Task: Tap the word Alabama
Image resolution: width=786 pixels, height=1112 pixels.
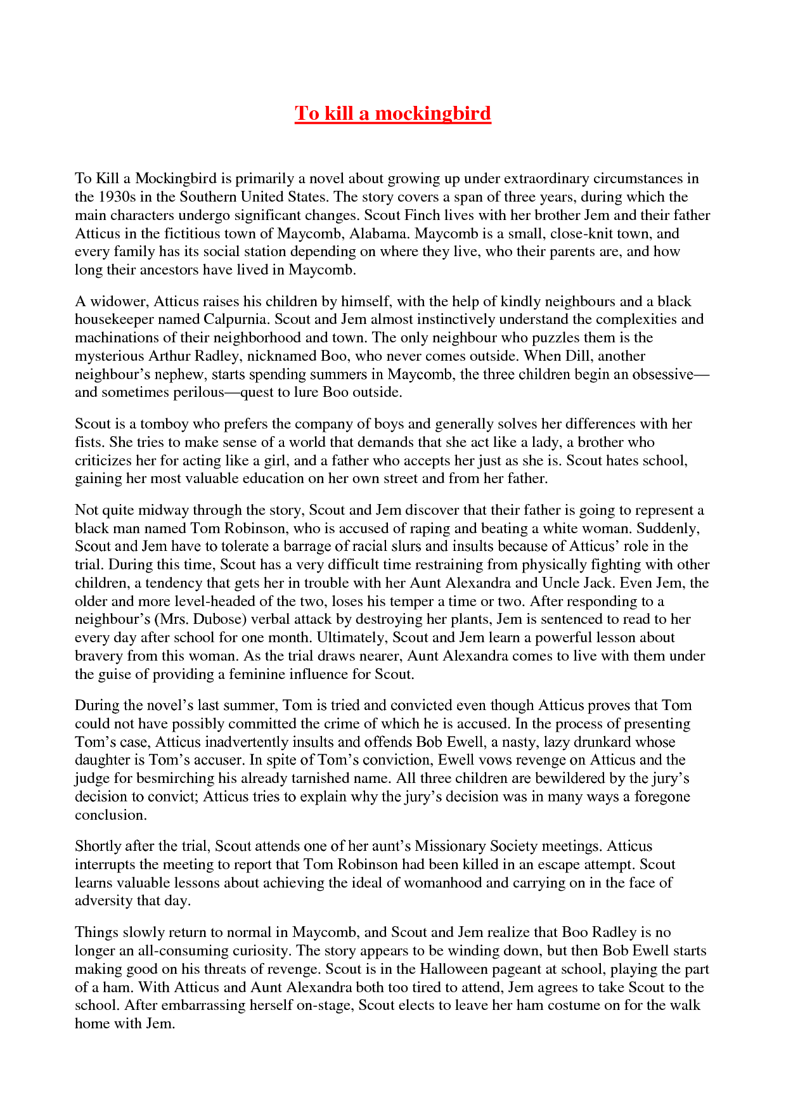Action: pyautogui.click(x=379, y=233)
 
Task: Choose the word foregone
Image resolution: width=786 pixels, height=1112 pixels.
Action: pyautogui.click(x=662, y=796)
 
